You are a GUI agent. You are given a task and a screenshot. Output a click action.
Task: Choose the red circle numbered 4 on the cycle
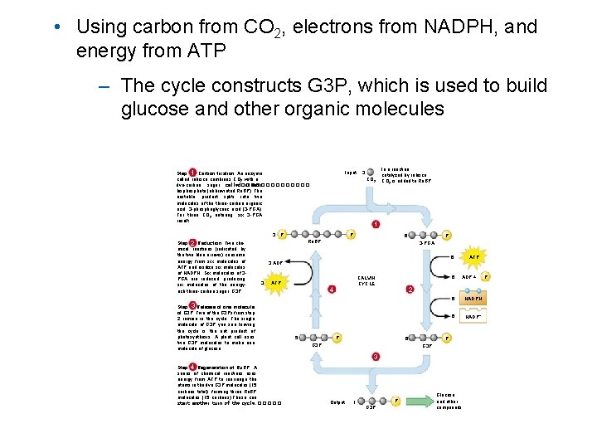pos(332,289)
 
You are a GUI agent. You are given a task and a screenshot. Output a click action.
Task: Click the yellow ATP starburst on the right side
pos(474,257)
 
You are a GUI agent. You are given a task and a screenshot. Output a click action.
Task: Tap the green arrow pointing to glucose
pos(415,401)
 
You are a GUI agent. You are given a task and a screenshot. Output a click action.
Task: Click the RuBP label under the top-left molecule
pos(315,243)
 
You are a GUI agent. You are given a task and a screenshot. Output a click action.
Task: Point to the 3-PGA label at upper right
pos(427,243)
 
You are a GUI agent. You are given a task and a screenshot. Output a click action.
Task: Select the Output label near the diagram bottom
pos(337,402)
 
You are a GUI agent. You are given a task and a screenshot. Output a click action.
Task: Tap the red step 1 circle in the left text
pos(192,173)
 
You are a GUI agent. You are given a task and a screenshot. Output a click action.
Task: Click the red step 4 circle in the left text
pos(192,366)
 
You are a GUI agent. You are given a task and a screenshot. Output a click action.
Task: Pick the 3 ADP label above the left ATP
pos(275,262)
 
